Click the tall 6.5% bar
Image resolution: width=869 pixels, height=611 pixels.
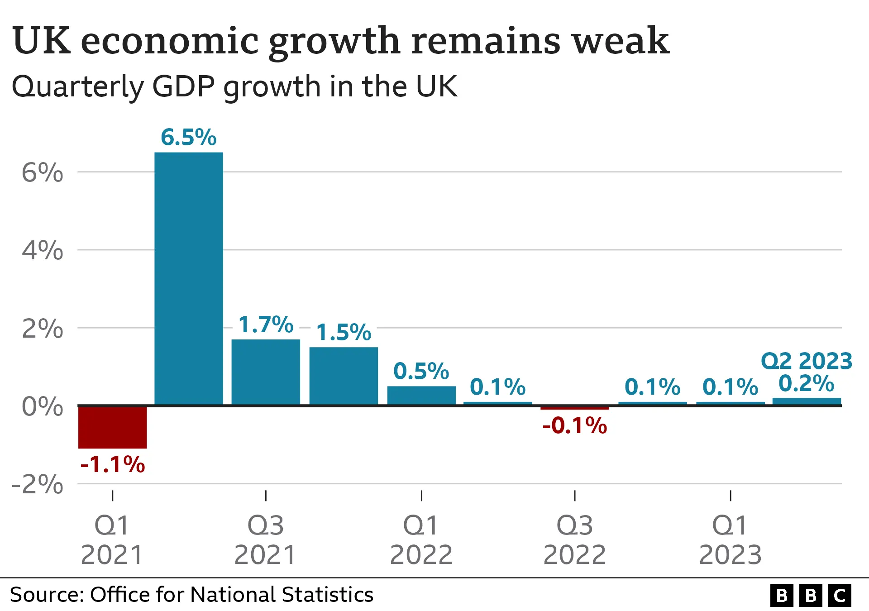click(189, 278)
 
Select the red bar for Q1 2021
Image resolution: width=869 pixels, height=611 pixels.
click(112, 427)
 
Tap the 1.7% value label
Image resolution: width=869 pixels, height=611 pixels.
click(266, 325)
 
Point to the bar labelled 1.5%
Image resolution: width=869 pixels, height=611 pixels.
click(344, 376)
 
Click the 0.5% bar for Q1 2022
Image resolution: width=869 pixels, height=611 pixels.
click(421, 395)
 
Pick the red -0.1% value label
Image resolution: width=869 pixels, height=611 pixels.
click(574, 425)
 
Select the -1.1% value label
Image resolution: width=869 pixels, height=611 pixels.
click(112, 464)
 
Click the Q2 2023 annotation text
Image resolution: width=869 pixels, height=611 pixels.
click(807, 361)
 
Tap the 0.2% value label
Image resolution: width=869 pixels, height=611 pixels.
click(806, 383)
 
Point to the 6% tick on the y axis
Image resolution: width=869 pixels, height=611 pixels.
click(42, 172)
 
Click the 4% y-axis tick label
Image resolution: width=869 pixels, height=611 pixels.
click(42, 250)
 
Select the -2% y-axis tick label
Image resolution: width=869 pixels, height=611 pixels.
click(38, 484)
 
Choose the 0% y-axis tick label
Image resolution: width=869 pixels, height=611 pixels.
click(42, 406)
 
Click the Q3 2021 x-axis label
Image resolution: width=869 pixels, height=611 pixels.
click(266, 540)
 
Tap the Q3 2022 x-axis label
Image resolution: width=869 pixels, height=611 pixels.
click(574, 540)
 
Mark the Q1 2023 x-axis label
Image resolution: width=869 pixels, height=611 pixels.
click(730, 540)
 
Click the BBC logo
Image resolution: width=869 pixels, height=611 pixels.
click(811, 595)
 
